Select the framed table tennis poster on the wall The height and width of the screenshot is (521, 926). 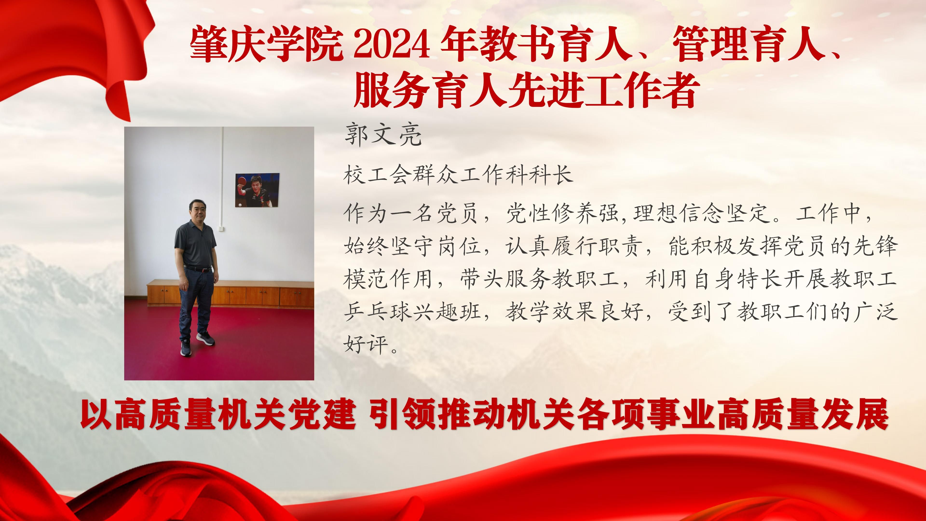[257, 190]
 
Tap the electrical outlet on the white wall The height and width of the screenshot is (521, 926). [220, 228]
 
